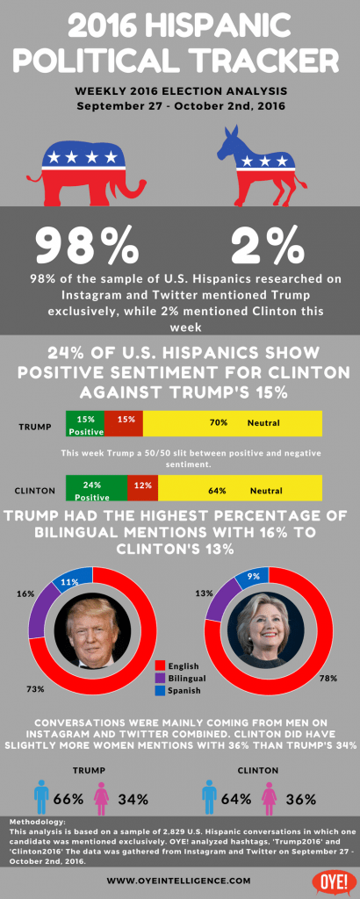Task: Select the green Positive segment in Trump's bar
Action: pos(85,424)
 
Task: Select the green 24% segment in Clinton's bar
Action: pos(97,488)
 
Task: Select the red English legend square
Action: pos(162,665)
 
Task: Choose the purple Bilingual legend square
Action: pos(162,679)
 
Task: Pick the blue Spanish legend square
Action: pos(162,693)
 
